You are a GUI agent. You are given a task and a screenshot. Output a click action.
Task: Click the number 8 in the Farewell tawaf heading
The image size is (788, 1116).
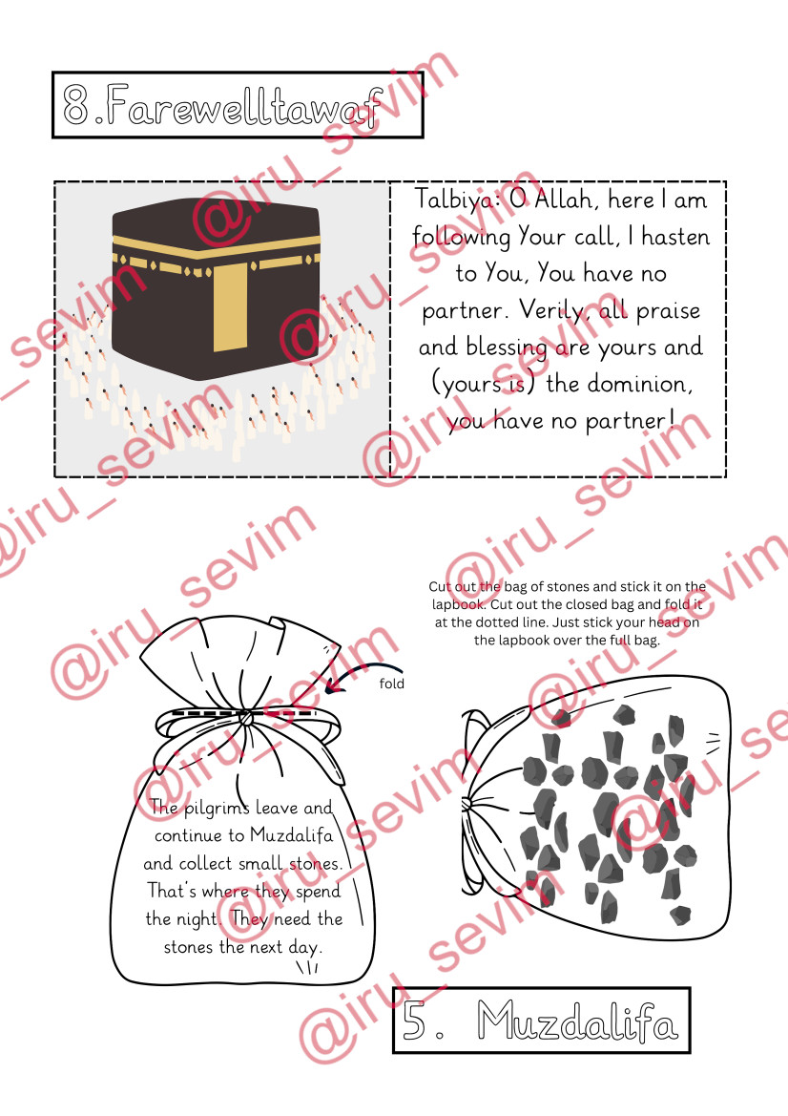pos(76,105)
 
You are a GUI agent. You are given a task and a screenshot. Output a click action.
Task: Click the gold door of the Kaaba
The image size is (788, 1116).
pos(231,306)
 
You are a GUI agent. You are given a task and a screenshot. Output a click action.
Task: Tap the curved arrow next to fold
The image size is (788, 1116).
pos(363,677)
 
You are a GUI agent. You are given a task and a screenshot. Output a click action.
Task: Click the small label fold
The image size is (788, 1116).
pos(392,684)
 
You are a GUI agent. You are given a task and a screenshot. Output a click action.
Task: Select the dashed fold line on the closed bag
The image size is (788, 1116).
pos(241,712)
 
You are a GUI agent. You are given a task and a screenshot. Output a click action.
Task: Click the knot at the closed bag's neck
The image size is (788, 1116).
pos(245,718)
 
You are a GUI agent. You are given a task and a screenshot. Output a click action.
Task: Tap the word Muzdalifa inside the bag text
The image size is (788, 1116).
pos(292,835)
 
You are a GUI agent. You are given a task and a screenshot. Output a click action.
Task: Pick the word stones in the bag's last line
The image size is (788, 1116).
pos(189,947)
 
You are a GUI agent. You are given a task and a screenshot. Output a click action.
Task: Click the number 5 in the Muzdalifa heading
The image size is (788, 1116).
pos(414,1020)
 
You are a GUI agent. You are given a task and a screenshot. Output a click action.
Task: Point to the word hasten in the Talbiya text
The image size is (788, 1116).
pos(674,237)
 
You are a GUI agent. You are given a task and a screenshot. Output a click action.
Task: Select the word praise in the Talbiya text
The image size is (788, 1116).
pos(668,311)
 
